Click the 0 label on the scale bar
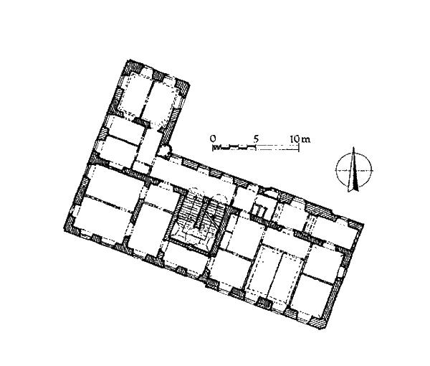click(213, 139)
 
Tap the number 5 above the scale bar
click(256, 139)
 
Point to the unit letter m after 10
click(306, 140)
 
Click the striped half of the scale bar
click(234, 147)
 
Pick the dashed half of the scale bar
click(277, 147)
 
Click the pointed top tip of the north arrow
click(354, 147)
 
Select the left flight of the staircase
click(190, 208)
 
